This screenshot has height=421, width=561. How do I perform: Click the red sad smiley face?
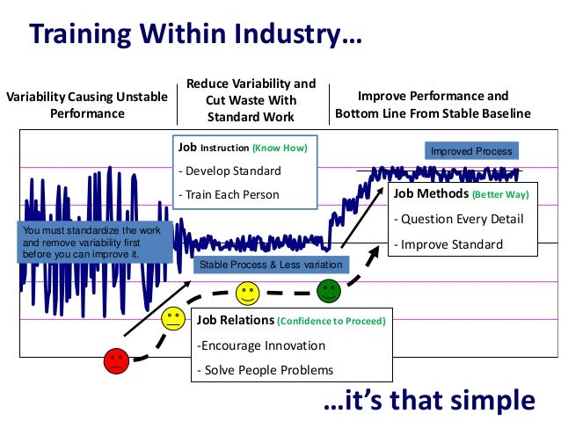(115, 359)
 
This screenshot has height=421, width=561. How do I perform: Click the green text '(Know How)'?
(280, 148)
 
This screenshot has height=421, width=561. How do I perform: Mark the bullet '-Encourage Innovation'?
(260, 345)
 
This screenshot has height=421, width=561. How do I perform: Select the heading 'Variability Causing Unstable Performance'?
(86, 105)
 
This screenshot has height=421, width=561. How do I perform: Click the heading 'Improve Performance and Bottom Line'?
(433, 105)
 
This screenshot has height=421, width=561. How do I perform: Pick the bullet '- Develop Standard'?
(229, 171)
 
